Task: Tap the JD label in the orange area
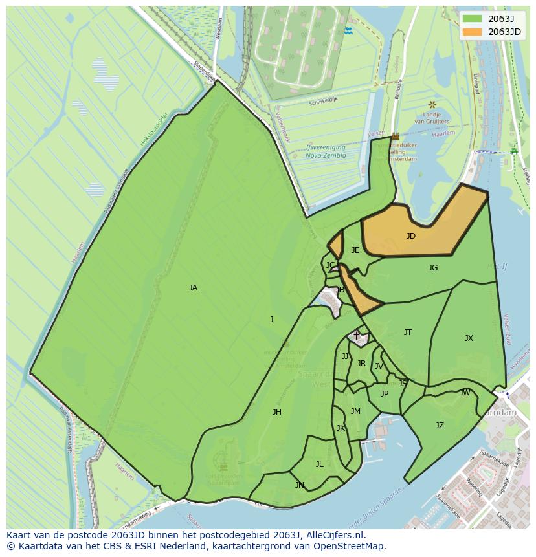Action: (x=411, y=236)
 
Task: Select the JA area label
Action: (x=193, y=288)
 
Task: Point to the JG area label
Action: (x=433, y=268)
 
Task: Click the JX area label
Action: (x=469, y=338)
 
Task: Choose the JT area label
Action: (x=408, y=333)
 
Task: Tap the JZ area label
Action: (x=440, y=426)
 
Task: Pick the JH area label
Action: (x=277, y=412)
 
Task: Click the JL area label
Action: (x=320, y=464)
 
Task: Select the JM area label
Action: (x=355, y=411)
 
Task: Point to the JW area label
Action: (x=465, y=393)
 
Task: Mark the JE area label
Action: (x=355, y=250)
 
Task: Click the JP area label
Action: (x=385, y=394)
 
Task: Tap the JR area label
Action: (x=361, y=364)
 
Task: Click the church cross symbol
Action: (x=356, y=335)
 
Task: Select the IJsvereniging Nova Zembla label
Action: (x=326, y=151)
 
